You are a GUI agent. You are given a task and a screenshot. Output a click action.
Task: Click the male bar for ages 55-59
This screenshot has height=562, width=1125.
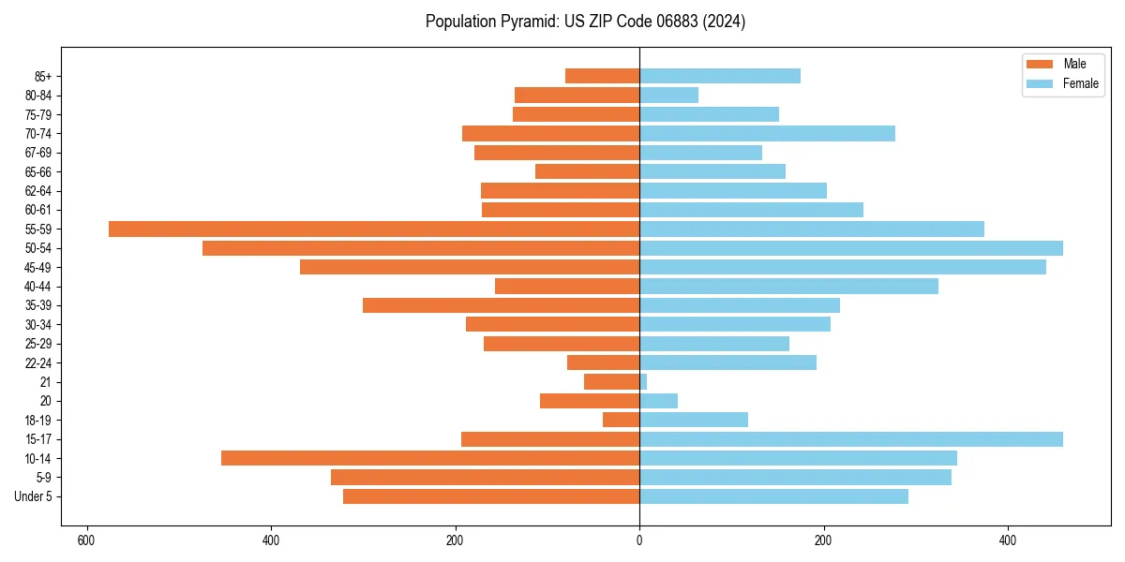click(374, 229)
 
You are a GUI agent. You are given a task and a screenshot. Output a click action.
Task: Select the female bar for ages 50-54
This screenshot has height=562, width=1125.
click(851, 248)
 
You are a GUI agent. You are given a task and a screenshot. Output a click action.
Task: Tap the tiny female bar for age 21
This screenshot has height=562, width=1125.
click(643, 382)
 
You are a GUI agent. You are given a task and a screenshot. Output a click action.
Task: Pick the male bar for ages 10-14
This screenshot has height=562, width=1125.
click(430, 458)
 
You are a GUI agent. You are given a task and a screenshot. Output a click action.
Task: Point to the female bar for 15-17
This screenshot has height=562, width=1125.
click(851, 439)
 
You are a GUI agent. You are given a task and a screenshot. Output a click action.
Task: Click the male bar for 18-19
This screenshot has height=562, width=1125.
click(621, 420)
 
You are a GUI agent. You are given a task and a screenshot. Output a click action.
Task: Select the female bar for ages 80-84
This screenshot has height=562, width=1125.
click(668, 95)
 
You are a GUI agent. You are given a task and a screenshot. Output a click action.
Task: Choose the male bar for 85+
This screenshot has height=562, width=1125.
click(602, 76)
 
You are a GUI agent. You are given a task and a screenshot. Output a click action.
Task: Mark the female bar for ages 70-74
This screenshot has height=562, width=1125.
click(767, 133)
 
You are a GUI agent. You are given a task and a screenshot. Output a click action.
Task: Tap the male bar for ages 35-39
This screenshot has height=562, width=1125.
click(501, 305)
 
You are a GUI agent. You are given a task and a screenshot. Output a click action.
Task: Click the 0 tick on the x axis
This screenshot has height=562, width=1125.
click(639, 540)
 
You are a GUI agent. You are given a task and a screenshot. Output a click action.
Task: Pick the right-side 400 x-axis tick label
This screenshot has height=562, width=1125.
click(1008, 540)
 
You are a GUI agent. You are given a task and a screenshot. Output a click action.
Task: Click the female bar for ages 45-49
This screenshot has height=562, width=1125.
click(843, 267)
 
